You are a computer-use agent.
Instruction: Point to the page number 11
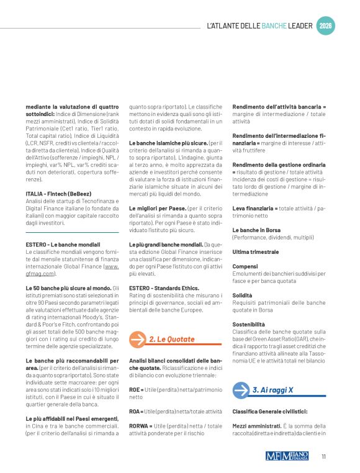[x=324, y=456]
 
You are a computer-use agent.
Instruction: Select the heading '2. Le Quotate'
[x=172, y=340]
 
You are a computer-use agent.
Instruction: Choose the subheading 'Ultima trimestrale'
[x=255, y=251]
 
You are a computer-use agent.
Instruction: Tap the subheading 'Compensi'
[x=245, y=266]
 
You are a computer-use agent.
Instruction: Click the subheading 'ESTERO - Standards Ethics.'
[x=164, y=288]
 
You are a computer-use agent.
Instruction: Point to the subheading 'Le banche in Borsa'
[x=256, y=230]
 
